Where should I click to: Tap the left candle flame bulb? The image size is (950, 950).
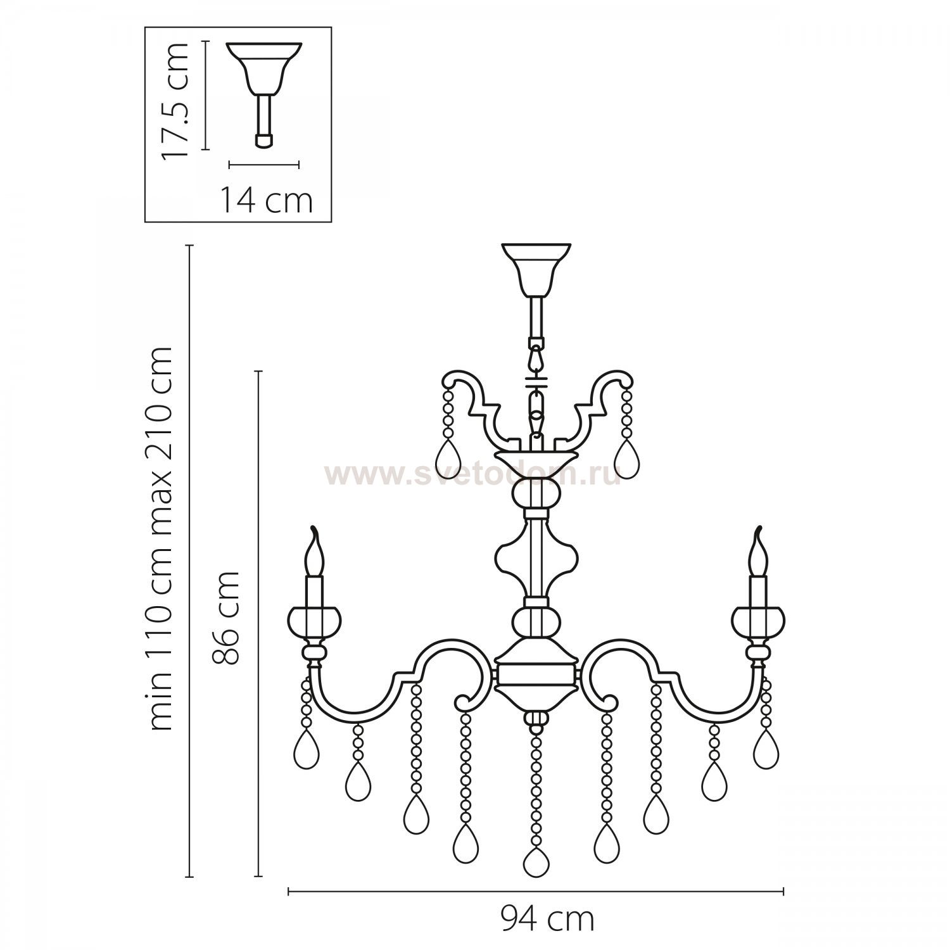click(x=315, y=552)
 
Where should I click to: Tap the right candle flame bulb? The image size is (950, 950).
click(x=758, y=552)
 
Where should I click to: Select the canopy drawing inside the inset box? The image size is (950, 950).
click(x=263, y=95)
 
